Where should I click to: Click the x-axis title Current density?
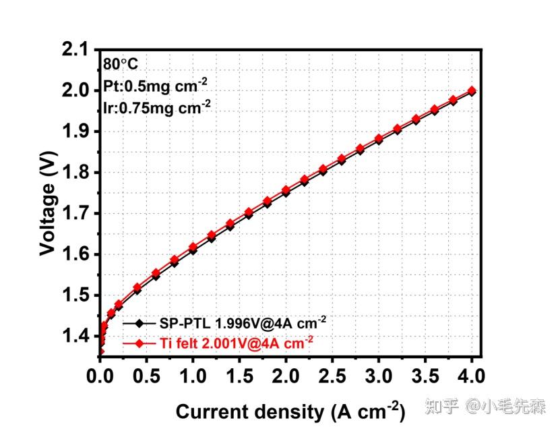[290, 410]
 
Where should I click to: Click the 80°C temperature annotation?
[121, 65]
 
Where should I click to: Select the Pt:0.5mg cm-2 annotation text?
[155, 86]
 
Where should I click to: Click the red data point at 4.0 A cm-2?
[472, 91]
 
